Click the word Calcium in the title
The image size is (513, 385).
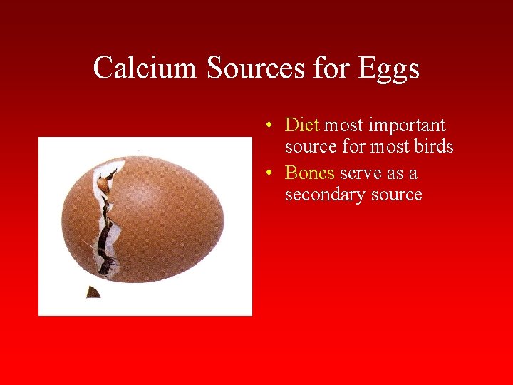145,68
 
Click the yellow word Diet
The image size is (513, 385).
302,125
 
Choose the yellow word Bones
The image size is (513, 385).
309,173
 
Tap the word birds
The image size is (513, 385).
434,147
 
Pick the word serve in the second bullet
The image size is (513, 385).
361,173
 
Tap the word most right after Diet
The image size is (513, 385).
344,126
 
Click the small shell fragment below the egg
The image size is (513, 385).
93,292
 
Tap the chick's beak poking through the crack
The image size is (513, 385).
105,184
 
